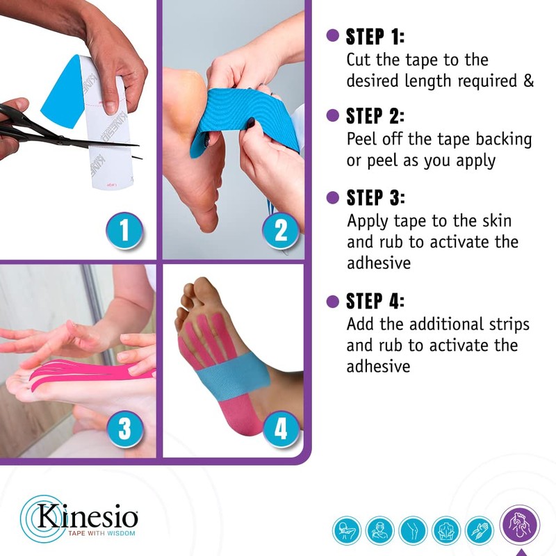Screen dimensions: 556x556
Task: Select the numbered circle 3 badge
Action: point(124,428)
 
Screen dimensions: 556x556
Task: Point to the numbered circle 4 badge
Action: point(280,428)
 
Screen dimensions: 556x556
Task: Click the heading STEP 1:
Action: point(375,37)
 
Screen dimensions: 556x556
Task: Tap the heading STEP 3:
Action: point(375,197)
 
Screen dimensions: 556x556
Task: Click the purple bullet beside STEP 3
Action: point(333,197)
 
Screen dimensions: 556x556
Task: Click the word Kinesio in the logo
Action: point(86,518)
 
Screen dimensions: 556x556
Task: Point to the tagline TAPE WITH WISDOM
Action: point(101,534)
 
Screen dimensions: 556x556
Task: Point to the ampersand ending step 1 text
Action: point(528,81)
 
